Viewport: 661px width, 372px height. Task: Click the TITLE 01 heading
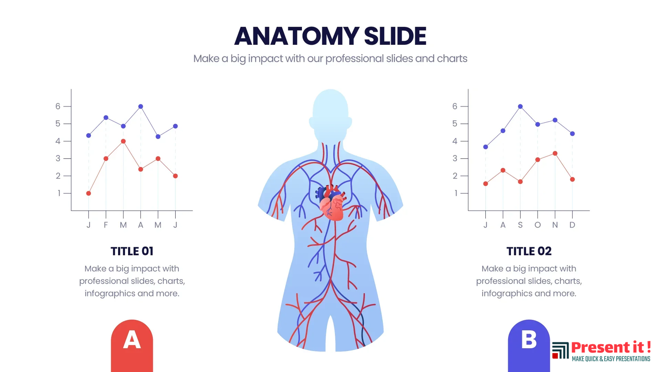click(132, 251)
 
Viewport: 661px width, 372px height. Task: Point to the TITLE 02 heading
click(529, 251)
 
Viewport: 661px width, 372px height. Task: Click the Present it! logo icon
click(560, 350)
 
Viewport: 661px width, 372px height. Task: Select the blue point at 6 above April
click(140, 107)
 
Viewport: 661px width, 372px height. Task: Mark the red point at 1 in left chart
click(88, 193)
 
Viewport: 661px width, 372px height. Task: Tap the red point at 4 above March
click(123, 141)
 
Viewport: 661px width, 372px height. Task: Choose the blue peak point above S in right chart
click(520, 107)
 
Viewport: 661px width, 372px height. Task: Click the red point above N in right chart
click(555, 153)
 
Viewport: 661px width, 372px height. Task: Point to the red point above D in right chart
click(572, 179)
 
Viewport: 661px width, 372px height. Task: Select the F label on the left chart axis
click(106, 225)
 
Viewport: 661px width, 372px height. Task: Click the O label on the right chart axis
click(537, 225)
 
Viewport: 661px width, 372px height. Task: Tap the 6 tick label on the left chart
click(58, 107)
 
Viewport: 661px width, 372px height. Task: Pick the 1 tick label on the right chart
click(455, 193)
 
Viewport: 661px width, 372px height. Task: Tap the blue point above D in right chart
click(572, 134)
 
